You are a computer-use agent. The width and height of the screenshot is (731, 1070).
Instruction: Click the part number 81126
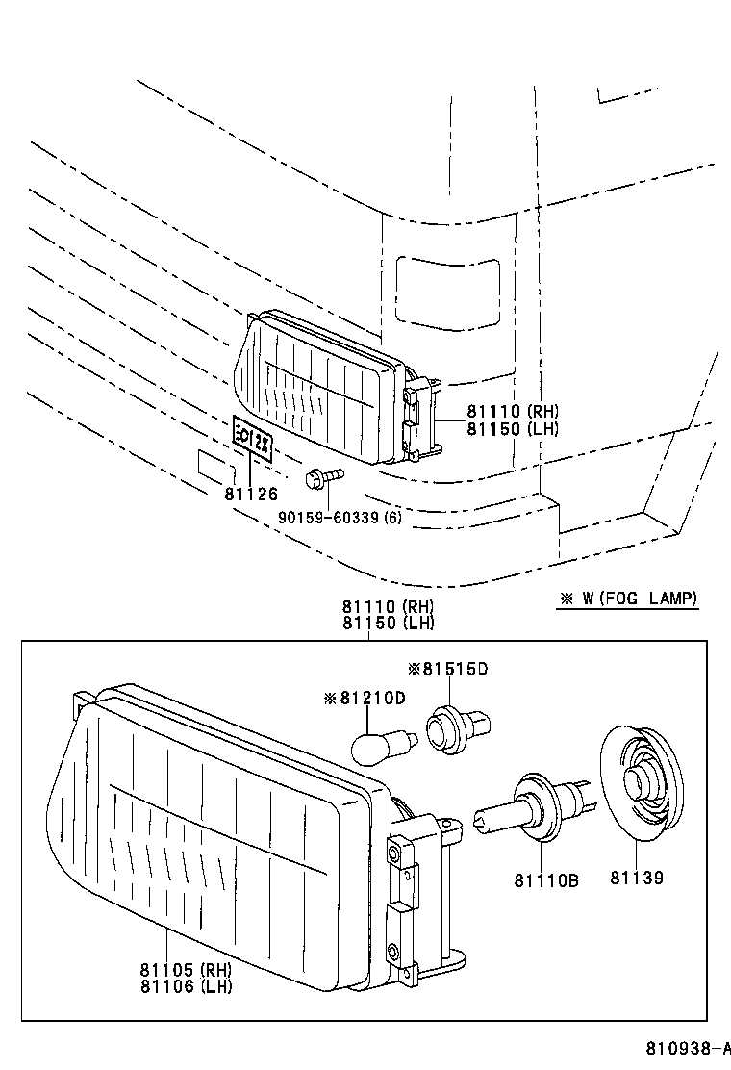click(251, 495)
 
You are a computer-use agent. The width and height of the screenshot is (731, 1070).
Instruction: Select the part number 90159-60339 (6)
click(340, 518)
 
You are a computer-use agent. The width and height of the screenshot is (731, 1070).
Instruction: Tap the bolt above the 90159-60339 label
click(322, 477)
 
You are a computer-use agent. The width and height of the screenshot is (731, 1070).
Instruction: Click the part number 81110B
click(545, 879)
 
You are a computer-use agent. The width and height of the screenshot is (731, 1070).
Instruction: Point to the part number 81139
click(636, 879)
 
